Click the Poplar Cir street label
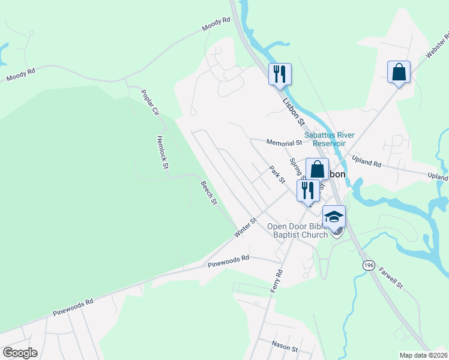tap(149, 102)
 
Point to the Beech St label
tap(208, 193)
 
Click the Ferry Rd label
tap(278, 281)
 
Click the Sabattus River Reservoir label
tap(325, 139)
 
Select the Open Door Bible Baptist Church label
tap(297, 230)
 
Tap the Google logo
tap(20, 353)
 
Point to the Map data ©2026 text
tap(423, 355)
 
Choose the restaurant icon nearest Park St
tap(308, 190)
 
